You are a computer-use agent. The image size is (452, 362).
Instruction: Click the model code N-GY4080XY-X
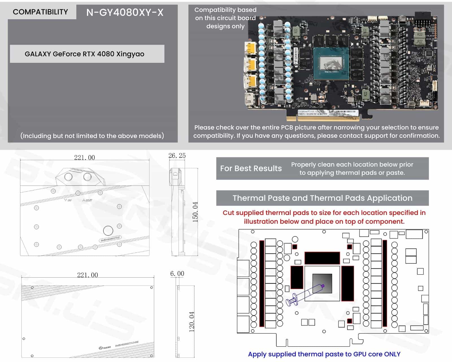[125, 12]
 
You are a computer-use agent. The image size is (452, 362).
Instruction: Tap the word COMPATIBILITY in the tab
[40, 12]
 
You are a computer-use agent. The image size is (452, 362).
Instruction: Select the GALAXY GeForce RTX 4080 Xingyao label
[84, 54]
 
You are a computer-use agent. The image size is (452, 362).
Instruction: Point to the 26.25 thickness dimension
[177, 156]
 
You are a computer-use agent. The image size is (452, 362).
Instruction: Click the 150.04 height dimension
[195, 212]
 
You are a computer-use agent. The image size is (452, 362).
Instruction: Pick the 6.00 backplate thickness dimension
[177, 273]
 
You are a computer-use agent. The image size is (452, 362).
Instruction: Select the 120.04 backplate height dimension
[192, 322]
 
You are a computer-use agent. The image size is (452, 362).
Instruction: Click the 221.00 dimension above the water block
[84, 158]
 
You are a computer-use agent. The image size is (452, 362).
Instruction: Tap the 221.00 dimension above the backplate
[88, 275]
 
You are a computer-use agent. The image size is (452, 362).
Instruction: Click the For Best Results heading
[251, 168]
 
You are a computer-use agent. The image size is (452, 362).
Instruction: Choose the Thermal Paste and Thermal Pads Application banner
[322, 198]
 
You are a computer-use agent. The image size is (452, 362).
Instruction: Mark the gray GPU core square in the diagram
[322, 284]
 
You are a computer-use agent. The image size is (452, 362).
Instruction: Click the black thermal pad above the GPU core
[322, 258]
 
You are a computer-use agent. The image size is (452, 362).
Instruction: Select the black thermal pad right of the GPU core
[347, 283]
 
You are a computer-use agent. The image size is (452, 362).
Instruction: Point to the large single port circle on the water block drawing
[108, 231]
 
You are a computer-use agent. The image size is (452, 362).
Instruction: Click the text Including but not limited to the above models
[92, 136]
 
